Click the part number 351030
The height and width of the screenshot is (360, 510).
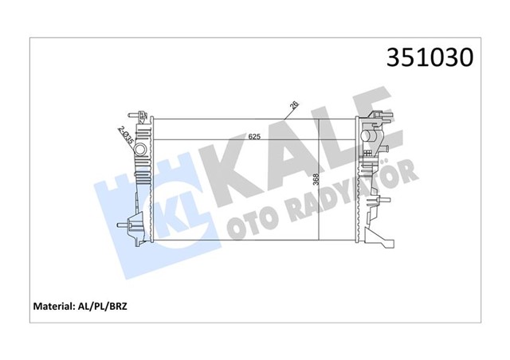[430, 57]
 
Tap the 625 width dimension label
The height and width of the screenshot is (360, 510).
[254, 136]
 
